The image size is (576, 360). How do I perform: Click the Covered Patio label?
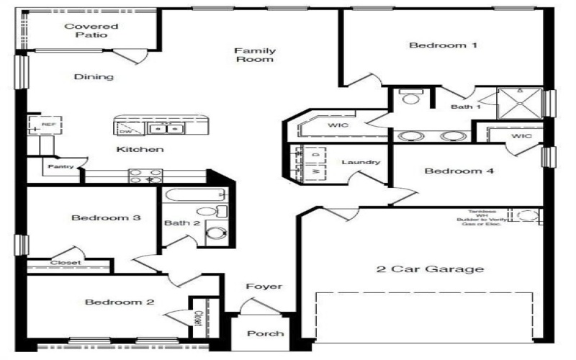[91, 30]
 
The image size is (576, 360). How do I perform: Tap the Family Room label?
[253, 55]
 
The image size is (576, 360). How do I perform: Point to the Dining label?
[94, 77]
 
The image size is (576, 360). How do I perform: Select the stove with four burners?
[145, 176]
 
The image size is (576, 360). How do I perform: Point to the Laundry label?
[360, 162]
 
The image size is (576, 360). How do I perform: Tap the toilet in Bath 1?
[411, 97]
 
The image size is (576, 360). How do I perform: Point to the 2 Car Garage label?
[429, 269]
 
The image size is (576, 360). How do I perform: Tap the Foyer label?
[264, 287]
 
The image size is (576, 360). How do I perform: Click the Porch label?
[265, 333]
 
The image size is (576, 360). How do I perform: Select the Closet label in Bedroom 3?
[65, 263]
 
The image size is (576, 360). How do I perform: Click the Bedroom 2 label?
[120, 302]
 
